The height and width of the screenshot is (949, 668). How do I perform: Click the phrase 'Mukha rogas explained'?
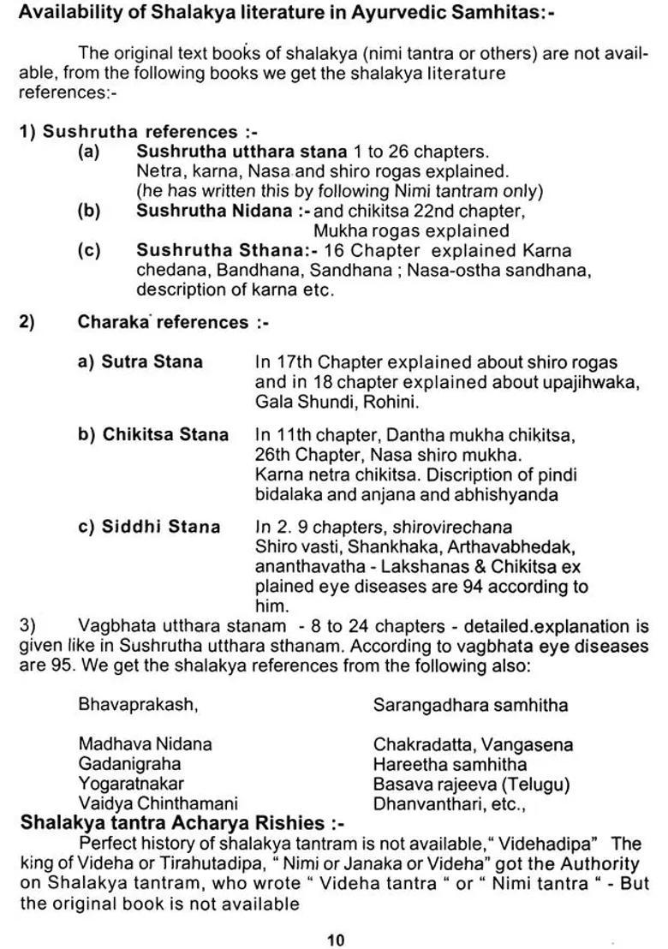coord(411,230)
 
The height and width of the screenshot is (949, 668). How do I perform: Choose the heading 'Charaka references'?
coord(163,322)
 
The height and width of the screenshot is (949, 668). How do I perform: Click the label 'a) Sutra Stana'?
coord(140,361)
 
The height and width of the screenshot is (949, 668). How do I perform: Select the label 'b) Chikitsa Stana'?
coord(153,434)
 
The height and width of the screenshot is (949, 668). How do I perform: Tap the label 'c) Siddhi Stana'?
coord(149,527)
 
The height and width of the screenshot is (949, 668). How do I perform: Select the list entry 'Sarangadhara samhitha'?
coord(470,705)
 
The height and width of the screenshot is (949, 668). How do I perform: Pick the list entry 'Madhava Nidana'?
coord(145,744)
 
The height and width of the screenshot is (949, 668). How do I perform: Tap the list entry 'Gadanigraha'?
coord(129,764)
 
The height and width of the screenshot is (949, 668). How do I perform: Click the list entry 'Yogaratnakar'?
coord(131,784)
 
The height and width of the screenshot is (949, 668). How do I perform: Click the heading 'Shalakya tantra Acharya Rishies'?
coord(182,823)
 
